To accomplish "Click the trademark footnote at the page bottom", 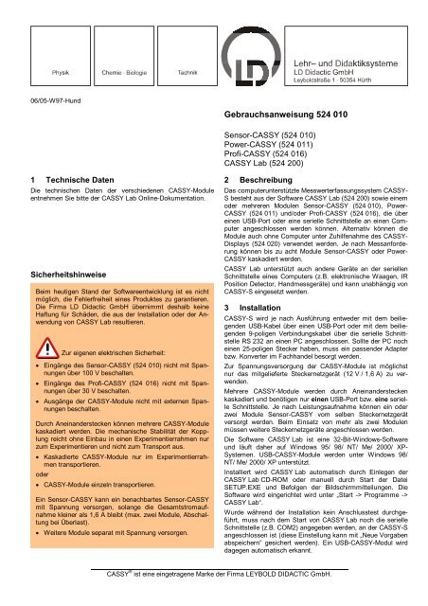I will (215, 575).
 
